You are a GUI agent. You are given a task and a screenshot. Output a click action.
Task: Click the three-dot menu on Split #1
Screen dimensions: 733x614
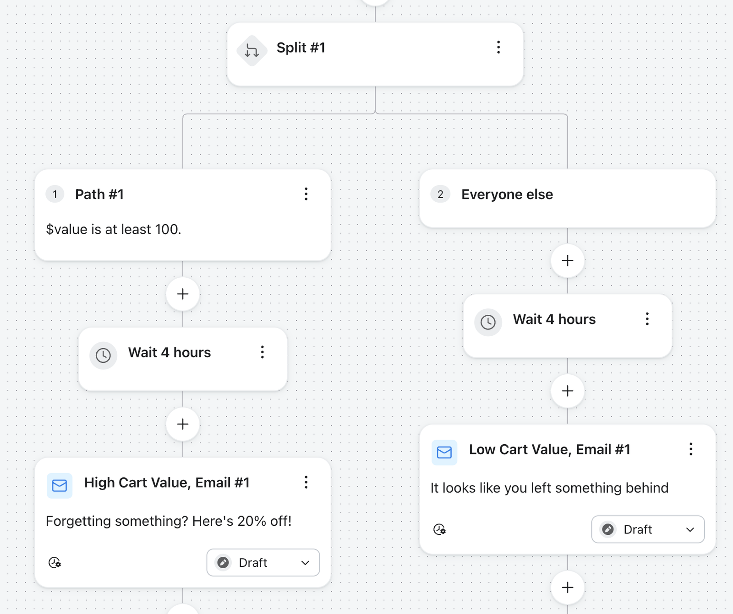pos(498,47)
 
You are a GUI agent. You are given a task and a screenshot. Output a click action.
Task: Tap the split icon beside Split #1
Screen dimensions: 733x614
pos(252,50)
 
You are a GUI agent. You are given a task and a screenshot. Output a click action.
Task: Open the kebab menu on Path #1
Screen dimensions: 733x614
pos(306,194)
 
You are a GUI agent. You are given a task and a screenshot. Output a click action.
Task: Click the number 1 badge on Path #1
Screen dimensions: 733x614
pos(55,194)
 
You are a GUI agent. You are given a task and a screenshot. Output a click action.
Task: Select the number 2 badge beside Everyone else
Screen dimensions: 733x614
pos(440,194)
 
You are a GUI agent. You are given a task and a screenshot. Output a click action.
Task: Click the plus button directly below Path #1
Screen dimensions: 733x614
pos(183,294)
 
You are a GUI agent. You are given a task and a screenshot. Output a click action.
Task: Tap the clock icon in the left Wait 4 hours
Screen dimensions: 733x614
pos(103,355)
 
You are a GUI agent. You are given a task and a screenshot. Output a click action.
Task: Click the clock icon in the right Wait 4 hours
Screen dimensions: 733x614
pos(488,322)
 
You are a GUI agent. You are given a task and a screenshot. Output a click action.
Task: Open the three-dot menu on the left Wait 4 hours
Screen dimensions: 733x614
pos(263,352)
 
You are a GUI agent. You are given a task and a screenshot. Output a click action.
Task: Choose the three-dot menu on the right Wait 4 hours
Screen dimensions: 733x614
pos(647,319)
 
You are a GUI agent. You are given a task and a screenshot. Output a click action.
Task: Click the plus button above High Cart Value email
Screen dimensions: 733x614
pos(183,424)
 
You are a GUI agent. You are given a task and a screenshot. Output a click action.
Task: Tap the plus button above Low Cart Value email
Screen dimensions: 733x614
pos(568,391)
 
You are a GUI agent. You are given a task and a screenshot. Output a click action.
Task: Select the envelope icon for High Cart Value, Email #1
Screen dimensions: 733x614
pos(60,485)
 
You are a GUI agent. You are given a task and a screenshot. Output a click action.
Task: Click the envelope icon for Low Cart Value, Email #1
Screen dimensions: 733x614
pos(444,452)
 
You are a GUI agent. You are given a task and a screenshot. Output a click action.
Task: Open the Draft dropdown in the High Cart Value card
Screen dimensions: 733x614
pos(263,562)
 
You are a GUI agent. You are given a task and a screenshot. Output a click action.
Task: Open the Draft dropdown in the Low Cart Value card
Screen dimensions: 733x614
pos(648,529)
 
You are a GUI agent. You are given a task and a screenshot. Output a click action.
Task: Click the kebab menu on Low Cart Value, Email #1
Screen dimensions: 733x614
pos(691,449)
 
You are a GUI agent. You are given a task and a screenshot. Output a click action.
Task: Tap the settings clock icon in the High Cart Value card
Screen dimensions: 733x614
pos(55,562)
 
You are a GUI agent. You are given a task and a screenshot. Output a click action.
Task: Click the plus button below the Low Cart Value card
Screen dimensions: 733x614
pos(568,587)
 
